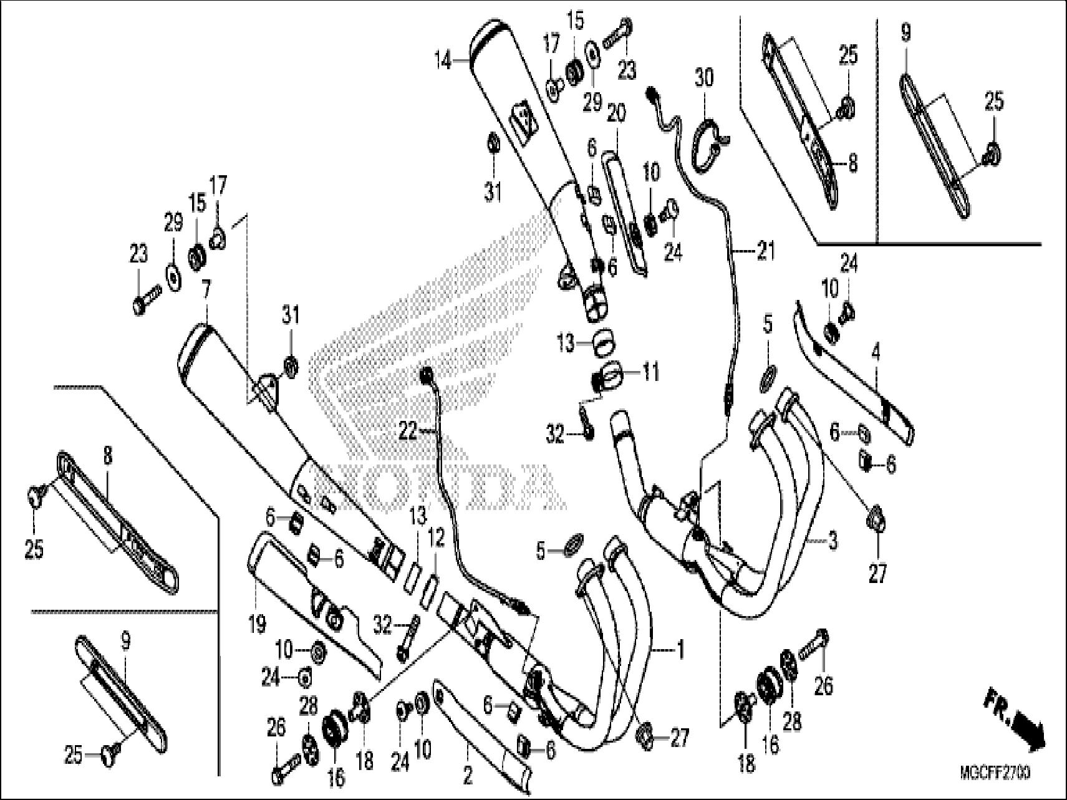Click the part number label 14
(443, 62)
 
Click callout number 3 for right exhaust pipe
(833, 541)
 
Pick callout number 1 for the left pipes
(680, 651)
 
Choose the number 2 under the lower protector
(467, 776)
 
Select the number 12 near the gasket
(437, 539)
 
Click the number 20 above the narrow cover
(616, 113)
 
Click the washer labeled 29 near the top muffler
(590, 52)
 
